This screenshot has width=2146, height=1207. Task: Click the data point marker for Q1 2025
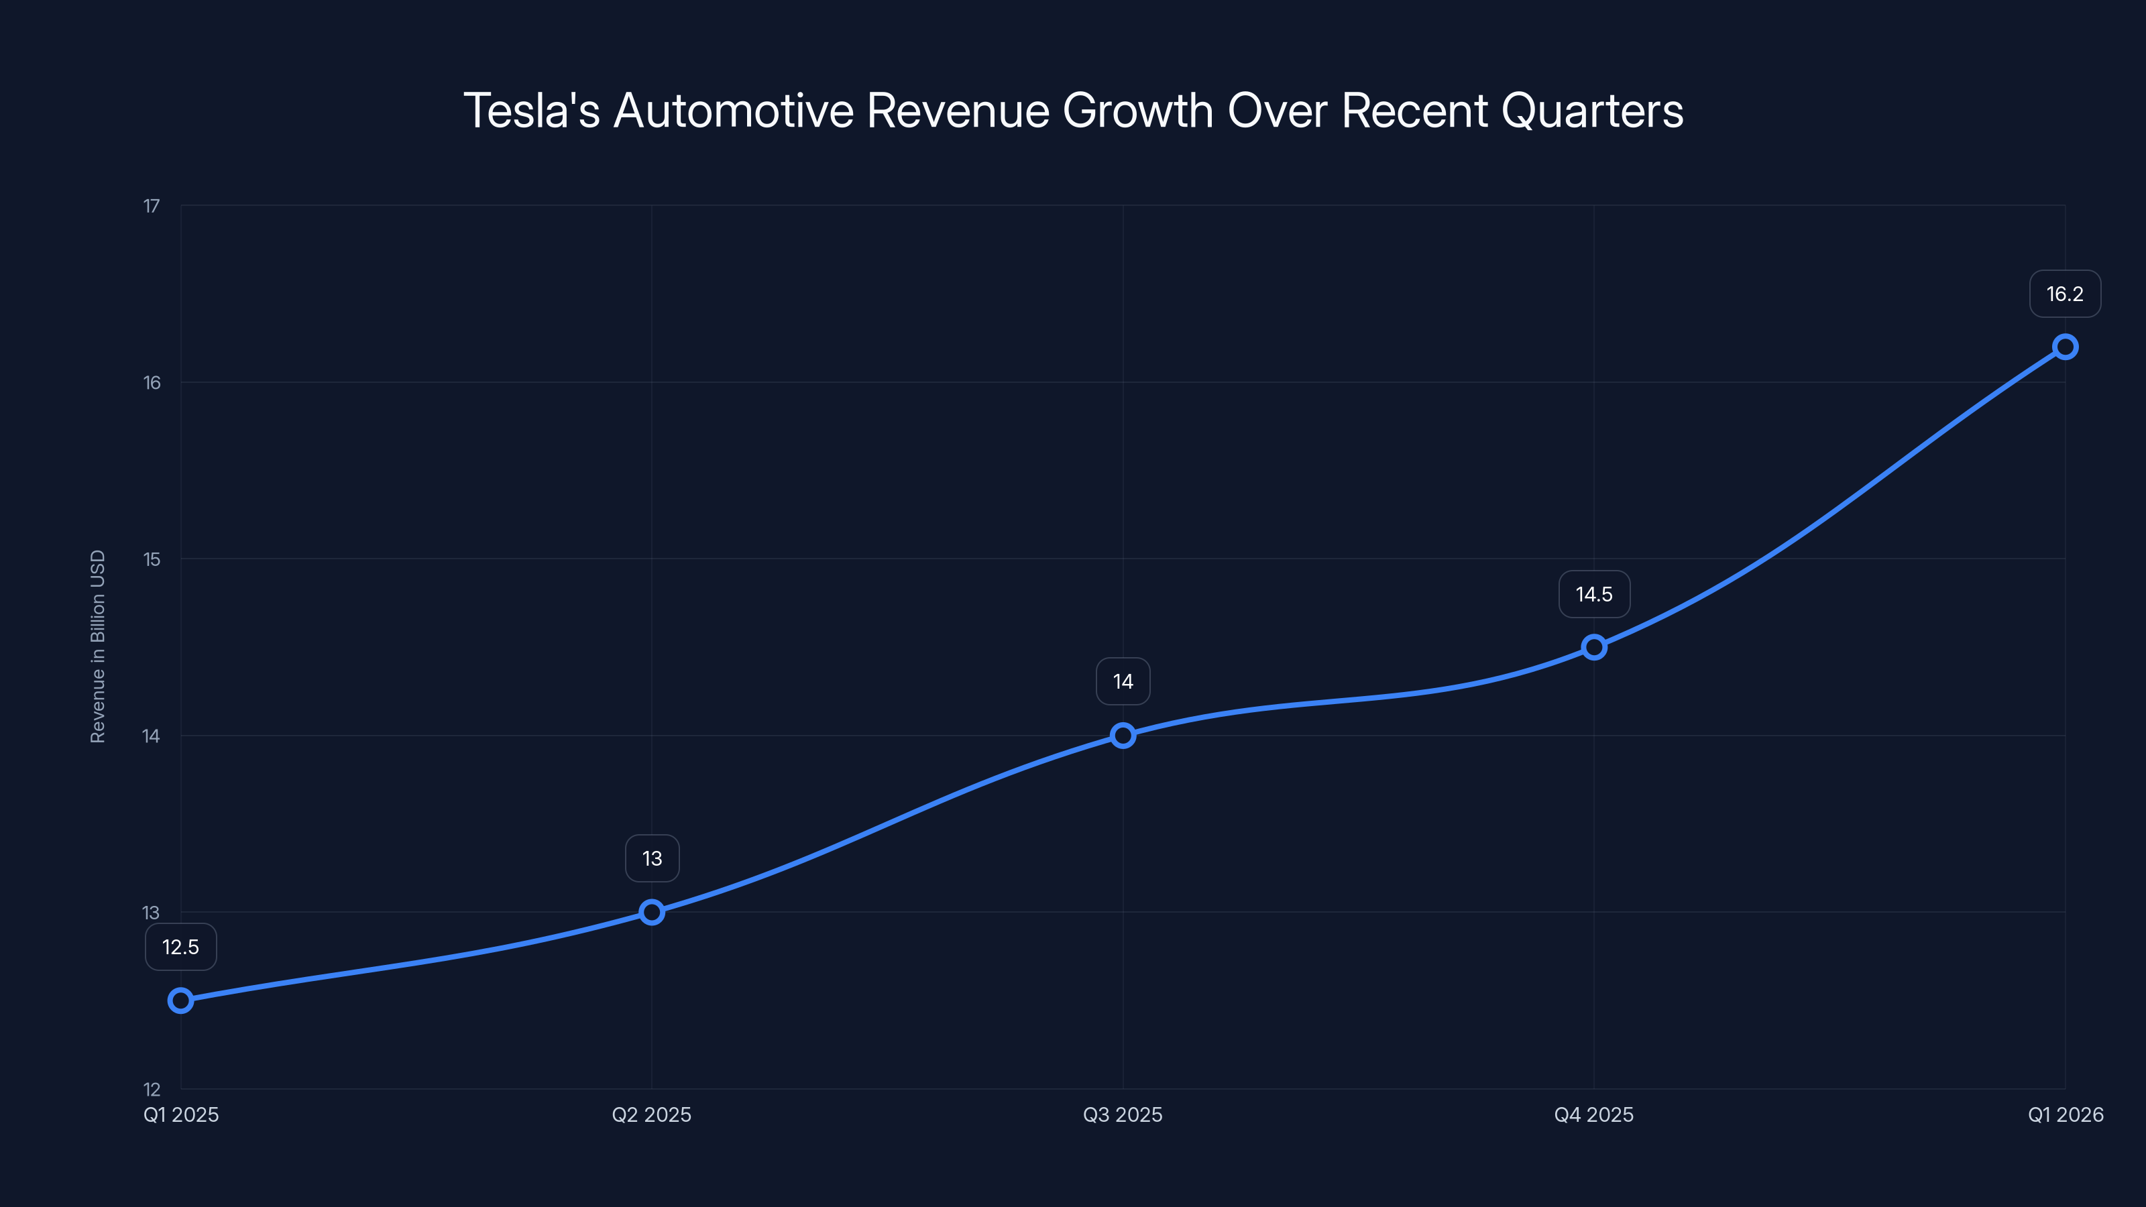181,1000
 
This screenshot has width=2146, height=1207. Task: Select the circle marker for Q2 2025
651,912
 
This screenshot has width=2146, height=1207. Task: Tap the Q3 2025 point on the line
1123,736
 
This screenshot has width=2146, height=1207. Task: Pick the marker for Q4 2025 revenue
1593,647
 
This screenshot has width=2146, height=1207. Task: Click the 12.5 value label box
181,947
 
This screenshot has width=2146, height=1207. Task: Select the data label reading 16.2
2064,294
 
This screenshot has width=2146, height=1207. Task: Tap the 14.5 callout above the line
1593,594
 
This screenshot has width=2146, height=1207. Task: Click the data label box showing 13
651,858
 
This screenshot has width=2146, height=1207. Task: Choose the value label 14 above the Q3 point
1123,681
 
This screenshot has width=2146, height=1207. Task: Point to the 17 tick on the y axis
152,206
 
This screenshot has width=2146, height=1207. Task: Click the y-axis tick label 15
152,559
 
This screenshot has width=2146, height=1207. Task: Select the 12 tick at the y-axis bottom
152,1089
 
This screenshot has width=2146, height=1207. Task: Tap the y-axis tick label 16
152,382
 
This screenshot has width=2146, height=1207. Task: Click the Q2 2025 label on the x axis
651,1114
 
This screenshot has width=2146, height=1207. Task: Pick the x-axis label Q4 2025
1593,1114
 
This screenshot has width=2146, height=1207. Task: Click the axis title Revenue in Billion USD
97,646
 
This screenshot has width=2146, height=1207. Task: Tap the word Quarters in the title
1592,111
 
